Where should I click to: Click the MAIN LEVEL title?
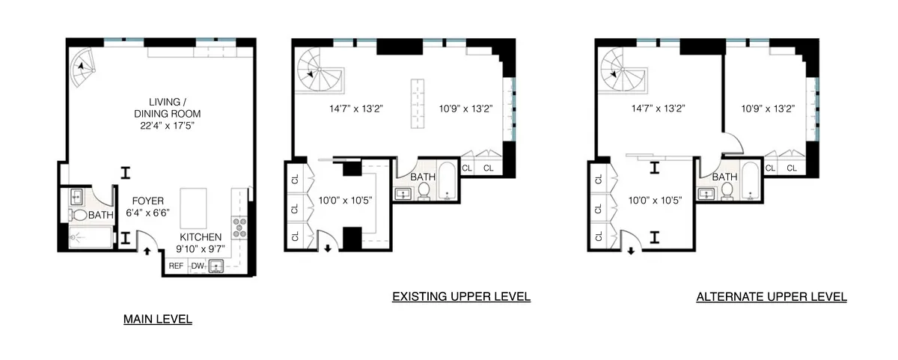click(157, 320)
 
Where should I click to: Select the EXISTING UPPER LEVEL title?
click(461, 296)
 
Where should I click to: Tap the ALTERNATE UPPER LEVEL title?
click(772, 296)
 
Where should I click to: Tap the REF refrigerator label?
click(177, 266)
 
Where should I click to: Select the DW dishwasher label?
click(198, 266)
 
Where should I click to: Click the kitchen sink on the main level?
click(218, 266)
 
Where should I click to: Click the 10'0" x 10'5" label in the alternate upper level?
click(656, 200)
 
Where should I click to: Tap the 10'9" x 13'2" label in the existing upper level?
click(465, 108)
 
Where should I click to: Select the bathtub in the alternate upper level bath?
click(750, 182)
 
